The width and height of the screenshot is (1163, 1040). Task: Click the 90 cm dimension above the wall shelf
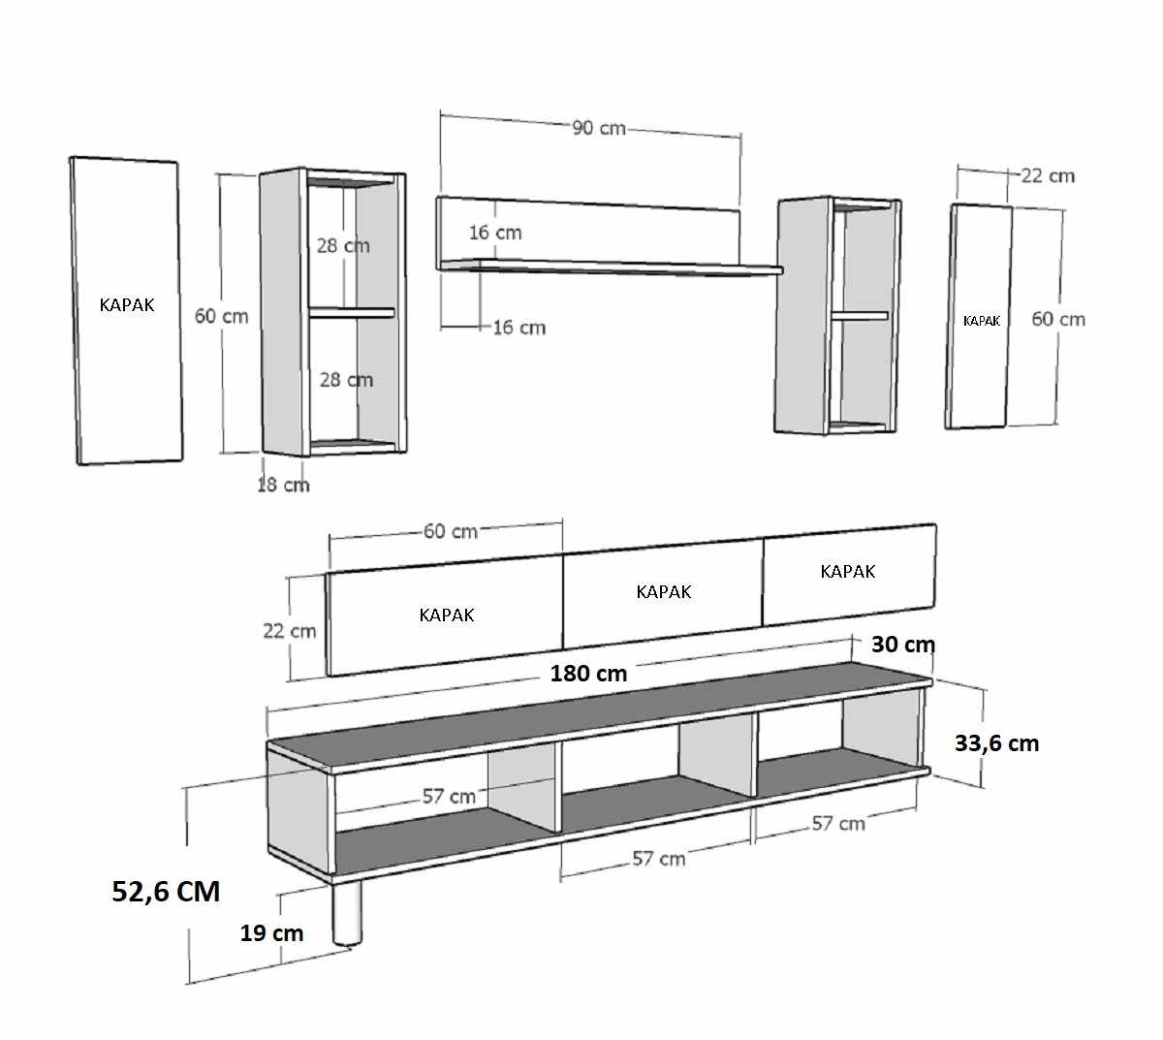598,128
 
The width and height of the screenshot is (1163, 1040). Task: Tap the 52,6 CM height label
166,892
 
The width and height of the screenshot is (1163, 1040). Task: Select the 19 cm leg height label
271,932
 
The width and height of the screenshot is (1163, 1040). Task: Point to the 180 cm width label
588,673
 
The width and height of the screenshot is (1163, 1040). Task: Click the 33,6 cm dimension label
996,743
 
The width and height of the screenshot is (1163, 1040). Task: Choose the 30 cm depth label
903,645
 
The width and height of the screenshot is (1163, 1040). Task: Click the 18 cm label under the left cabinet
283,485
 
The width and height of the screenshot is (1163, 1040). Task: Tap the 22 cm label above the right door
1048,175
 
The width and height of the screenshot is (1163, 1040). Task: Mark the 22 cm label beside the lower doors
290,631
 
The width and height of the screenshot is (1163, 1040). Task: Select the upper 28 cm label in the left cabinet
343,246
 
